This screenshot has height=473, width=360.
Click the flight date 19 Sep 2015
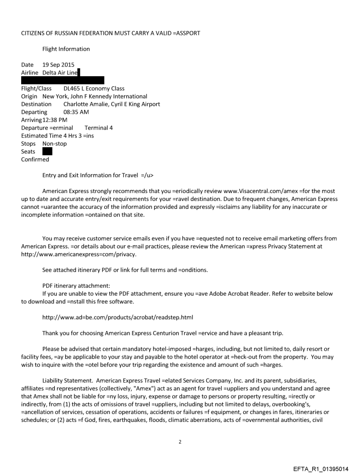58,65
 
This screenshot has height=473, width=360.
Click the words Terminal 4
98,128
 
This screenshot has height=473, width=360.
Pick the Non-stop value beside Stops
55,144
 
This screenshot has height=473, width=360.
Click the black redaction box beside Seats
47,152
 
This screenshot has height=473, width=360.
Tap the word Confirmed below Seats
35,160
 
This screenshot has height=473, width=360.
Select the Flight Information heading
66,49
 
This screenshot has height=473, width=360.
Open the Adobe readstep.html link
118,317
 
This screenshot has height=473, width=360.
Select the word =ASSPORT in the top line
187,33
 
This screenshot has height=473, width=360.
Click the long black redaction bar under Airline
63,80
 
